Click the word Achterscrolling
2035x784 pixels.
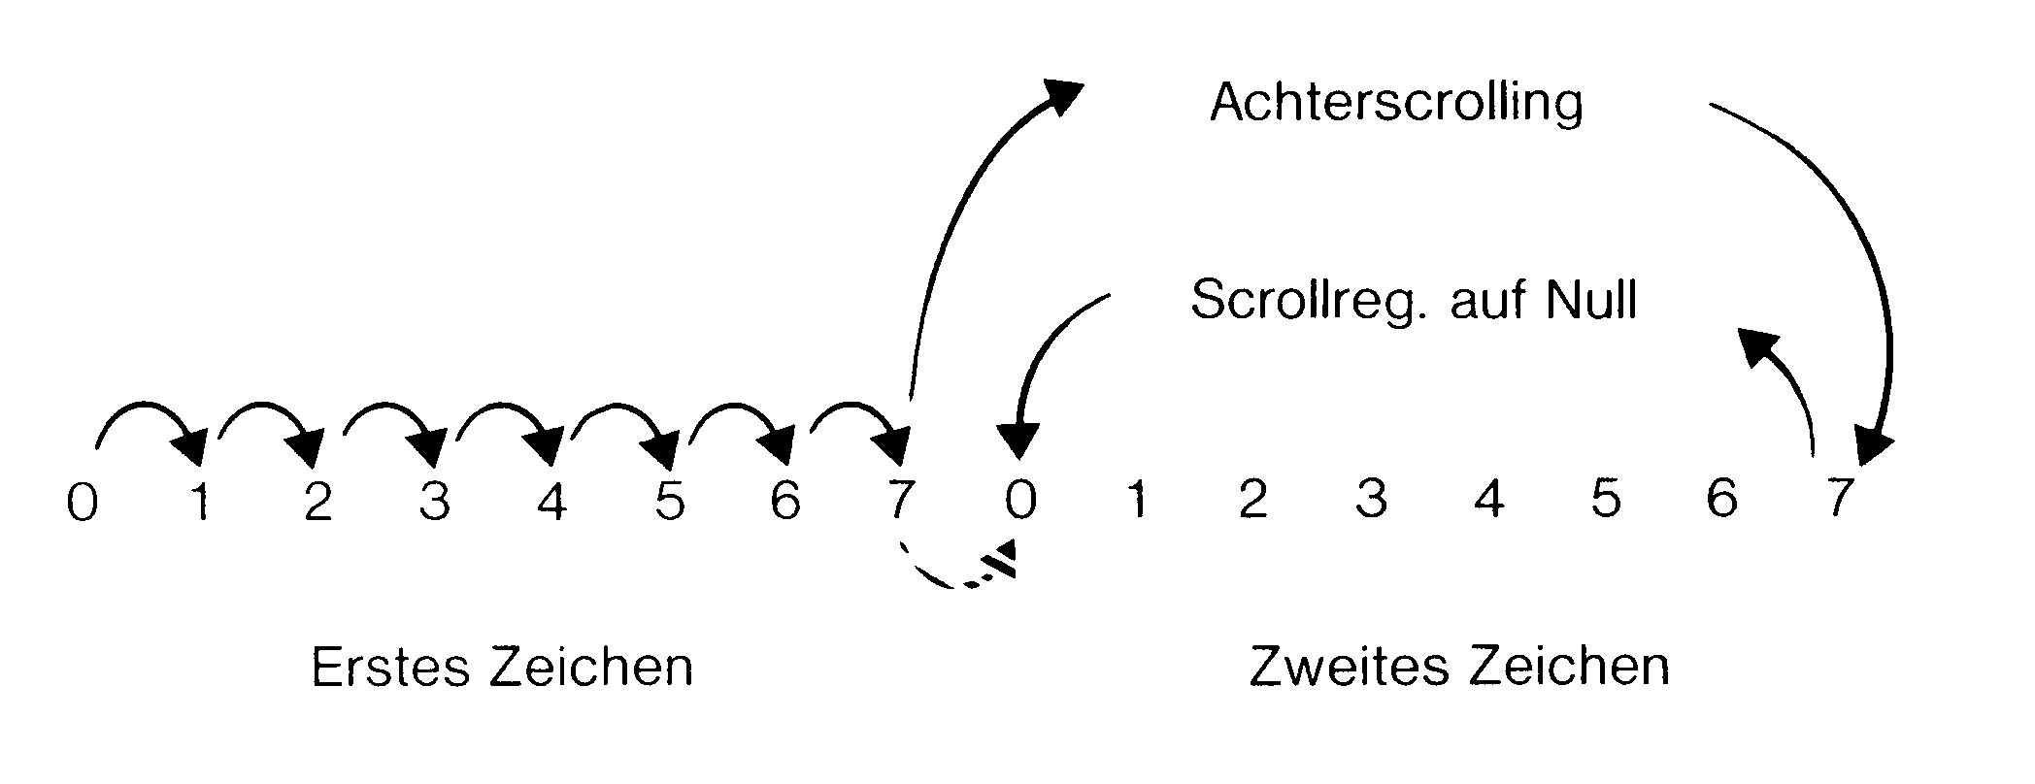point(1395,102)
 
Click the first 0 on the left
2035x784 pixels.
point(83,504)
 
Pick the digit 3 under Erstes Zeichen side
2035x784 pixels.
point(435,502)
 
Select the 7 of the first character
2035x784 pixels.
point(901,501)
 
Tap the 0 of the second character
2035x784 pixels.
point(1019,501)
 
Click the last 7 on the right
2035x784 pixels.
point(1836,499)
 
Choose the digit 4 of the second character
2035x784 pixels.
point(1488,500)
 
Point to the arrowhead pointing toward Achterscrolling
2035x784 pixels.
point(1060,95)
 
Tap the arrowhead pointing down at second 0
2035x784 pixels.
point(1017,441)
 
